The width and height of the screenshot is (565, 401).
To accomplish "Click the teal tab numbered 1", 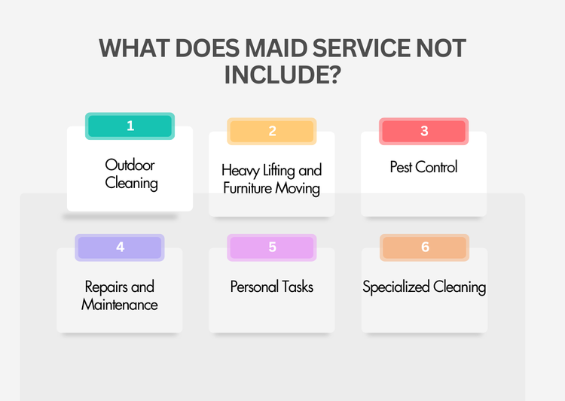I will [130, 126].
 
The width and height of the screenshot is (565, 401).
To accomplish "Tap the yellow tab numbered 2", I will [272, 131].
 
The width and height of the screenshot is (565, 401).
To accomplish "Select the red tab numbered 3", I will [424, 131].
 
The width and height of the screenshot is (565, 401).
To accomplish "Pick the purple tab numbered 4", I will [120, 248].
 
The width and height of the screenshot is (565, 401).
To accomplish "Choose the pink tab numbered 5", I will [272, 248].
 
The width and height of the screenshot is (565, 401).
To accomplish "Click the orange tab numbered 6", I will [425, 248].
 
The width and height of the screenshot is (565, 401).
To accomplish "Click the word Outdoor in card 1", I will [130, 165].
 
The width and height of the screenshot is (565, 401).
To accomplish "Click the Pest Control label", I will [423, 167].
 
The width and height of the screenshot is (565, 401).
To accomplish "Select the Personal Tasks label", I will [271, 287].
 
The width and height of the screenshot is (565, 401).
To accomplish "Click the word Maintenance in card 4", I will [120, 305].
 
